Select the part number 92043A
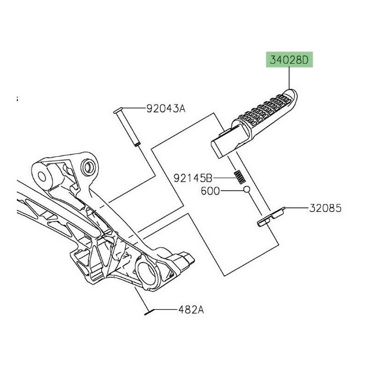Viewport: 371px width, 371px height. tap(165, 108)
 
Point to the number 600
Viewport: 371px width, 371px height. tap(211, 191)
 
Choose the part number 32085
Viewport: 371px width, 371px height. tap(323, 207)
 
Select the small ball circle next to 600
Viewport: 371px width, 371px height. tap(246, 191)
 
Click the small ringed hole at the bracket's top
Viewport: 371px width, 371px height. tap(88, 168)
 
